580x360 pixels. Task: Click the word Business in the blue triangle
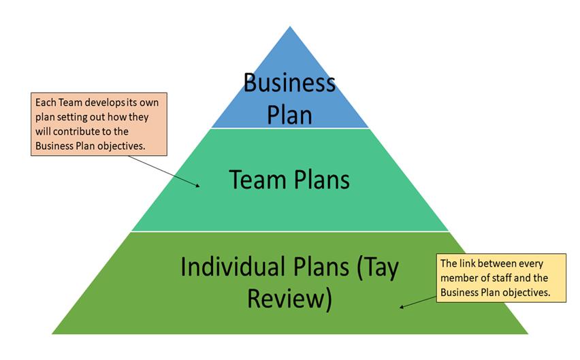pos(290,83)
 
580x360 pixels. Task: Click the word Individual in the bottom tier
pos(229,267)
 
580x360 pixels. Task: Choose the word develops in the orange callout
pos(97,102)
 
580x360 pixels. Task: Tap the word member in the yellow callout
pos(459,278)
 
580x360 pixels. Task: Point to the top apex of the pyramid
pos(290,27)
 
